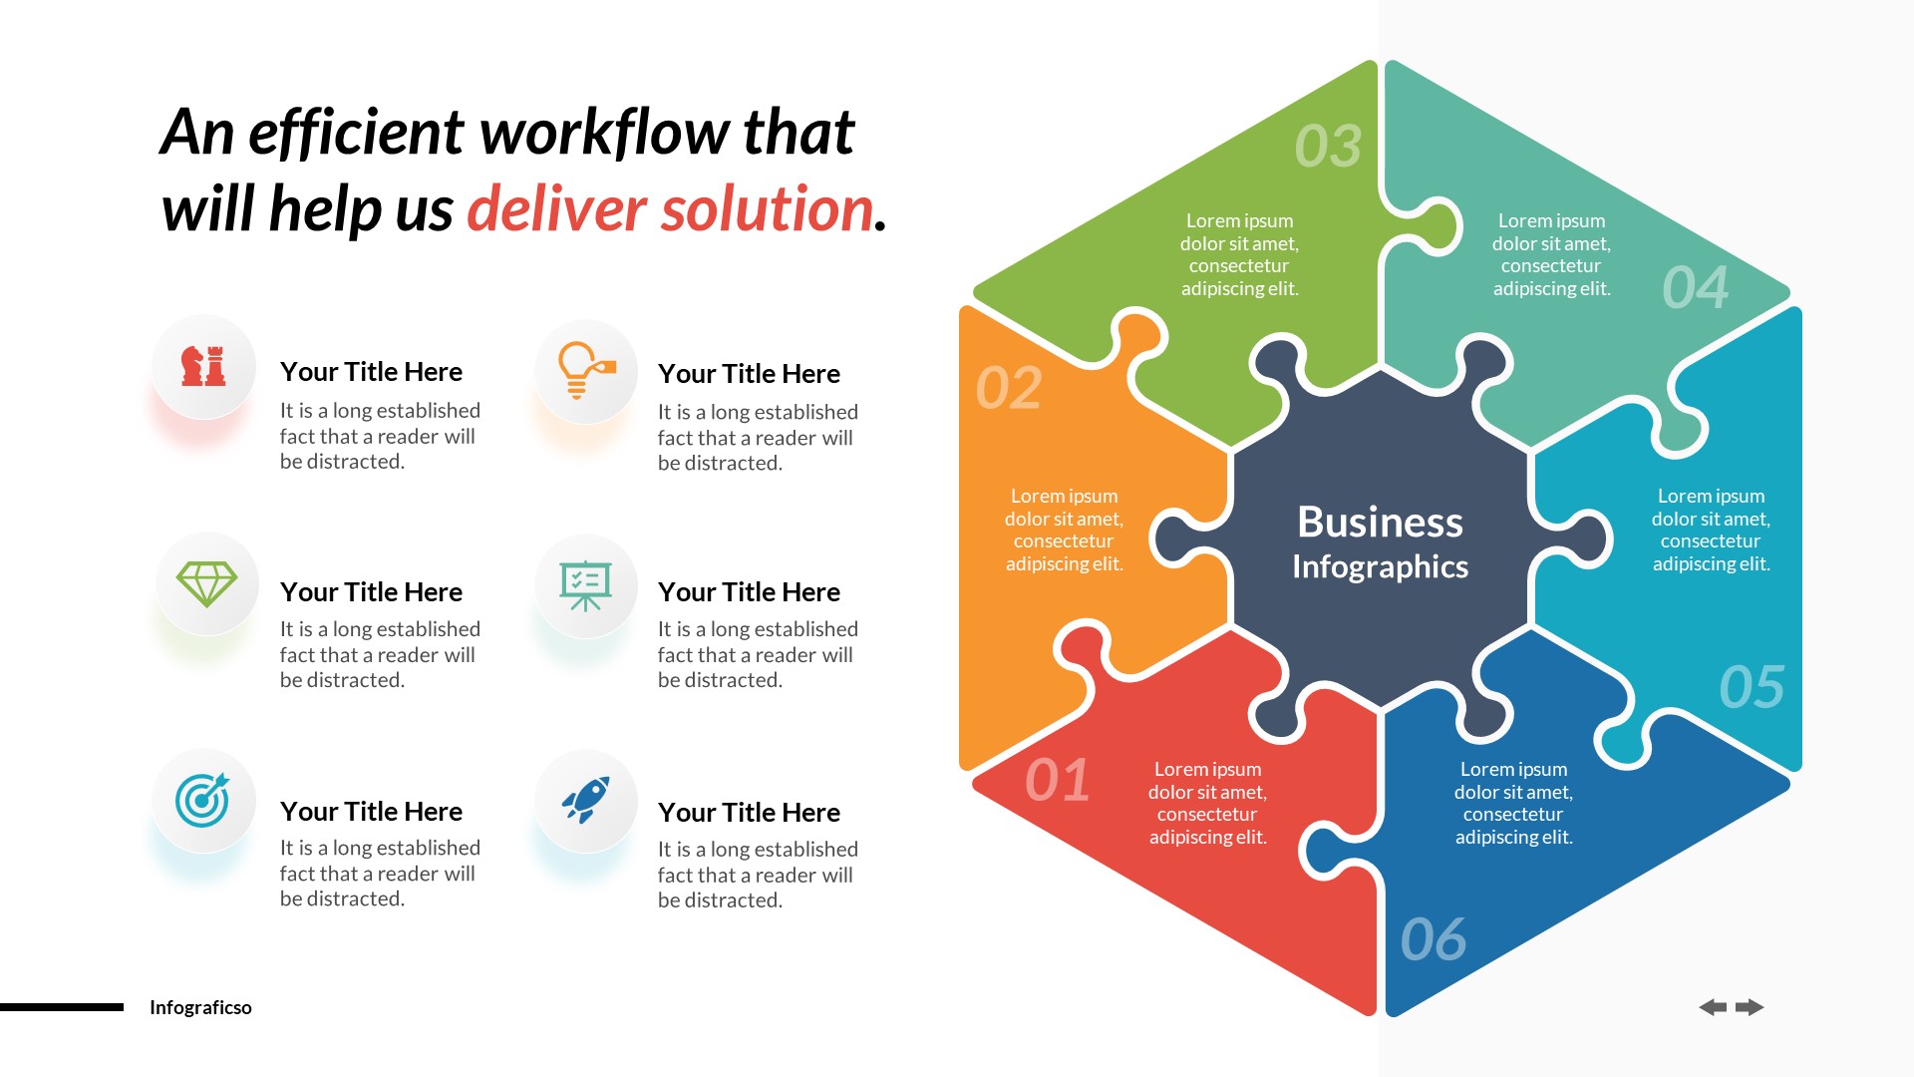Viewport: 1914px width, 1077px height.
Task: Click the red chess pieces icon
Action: pos(203,366)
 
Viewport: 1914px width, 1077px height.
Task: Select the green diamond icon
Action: pos(206,584)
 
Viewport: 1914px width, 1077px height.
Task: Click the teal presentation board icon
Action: pos(585,585)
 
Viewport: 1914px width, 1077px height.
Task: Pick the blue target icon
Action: pos(202,800)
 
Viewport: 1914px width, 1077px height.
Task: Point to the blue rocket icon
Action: pos(585,800)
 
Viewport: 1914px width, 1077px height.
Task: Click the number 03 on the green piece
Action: pos(1327,147)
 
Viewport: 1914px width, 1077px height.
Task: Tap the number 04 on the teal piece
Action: pos(1695,288)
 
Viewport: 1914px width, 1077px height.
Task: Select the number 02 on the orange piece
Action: pos(1009,388)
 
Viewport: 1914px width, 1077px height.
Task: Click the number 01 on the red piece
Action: pos(1057,780)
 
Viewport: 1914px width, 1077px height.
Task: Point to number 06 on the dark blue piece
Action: pos(1433,939)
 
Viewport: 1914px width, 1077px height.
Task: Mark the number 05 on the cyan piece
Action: pos(1752,687)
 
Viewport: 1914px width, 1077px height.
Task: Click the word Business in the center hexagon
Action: pos(1380,523)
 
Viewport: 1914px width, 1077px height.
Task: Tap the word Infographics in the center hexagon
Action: pos(1380,567)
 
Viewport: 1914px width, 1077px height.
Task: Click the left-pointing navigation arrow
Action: pos(1713,1007)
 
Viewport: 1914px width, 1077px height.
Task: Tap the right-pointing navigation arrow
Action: pos(1750,1007)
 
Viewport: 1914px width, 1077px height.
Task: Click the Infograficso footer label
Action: pos(200,1007)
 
